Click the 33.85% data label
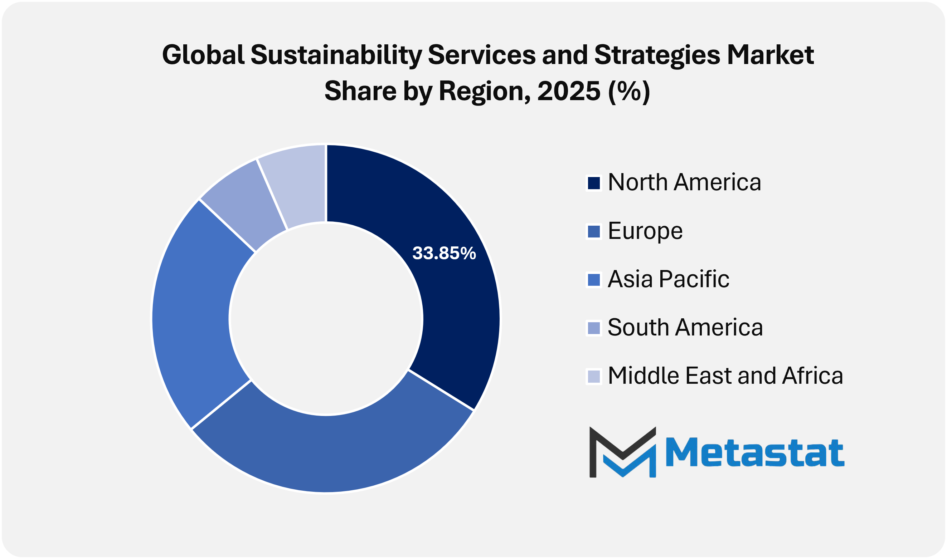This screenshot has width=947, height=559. point(444,254)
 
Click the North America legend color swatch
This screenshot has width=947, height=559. point(594,183)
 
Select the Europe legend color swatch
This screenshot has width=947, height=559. point(594,231)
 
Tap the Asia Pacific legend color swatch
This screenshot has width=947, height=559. point(594,280)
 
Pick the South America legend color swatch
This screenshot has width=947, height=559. point(594,328)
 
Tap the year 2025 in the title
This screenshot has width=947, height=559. point(568,92)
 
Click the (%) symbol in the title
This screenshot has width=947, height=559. point(629,92)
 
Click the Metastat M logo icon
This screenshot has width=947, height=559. point(622,452)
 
